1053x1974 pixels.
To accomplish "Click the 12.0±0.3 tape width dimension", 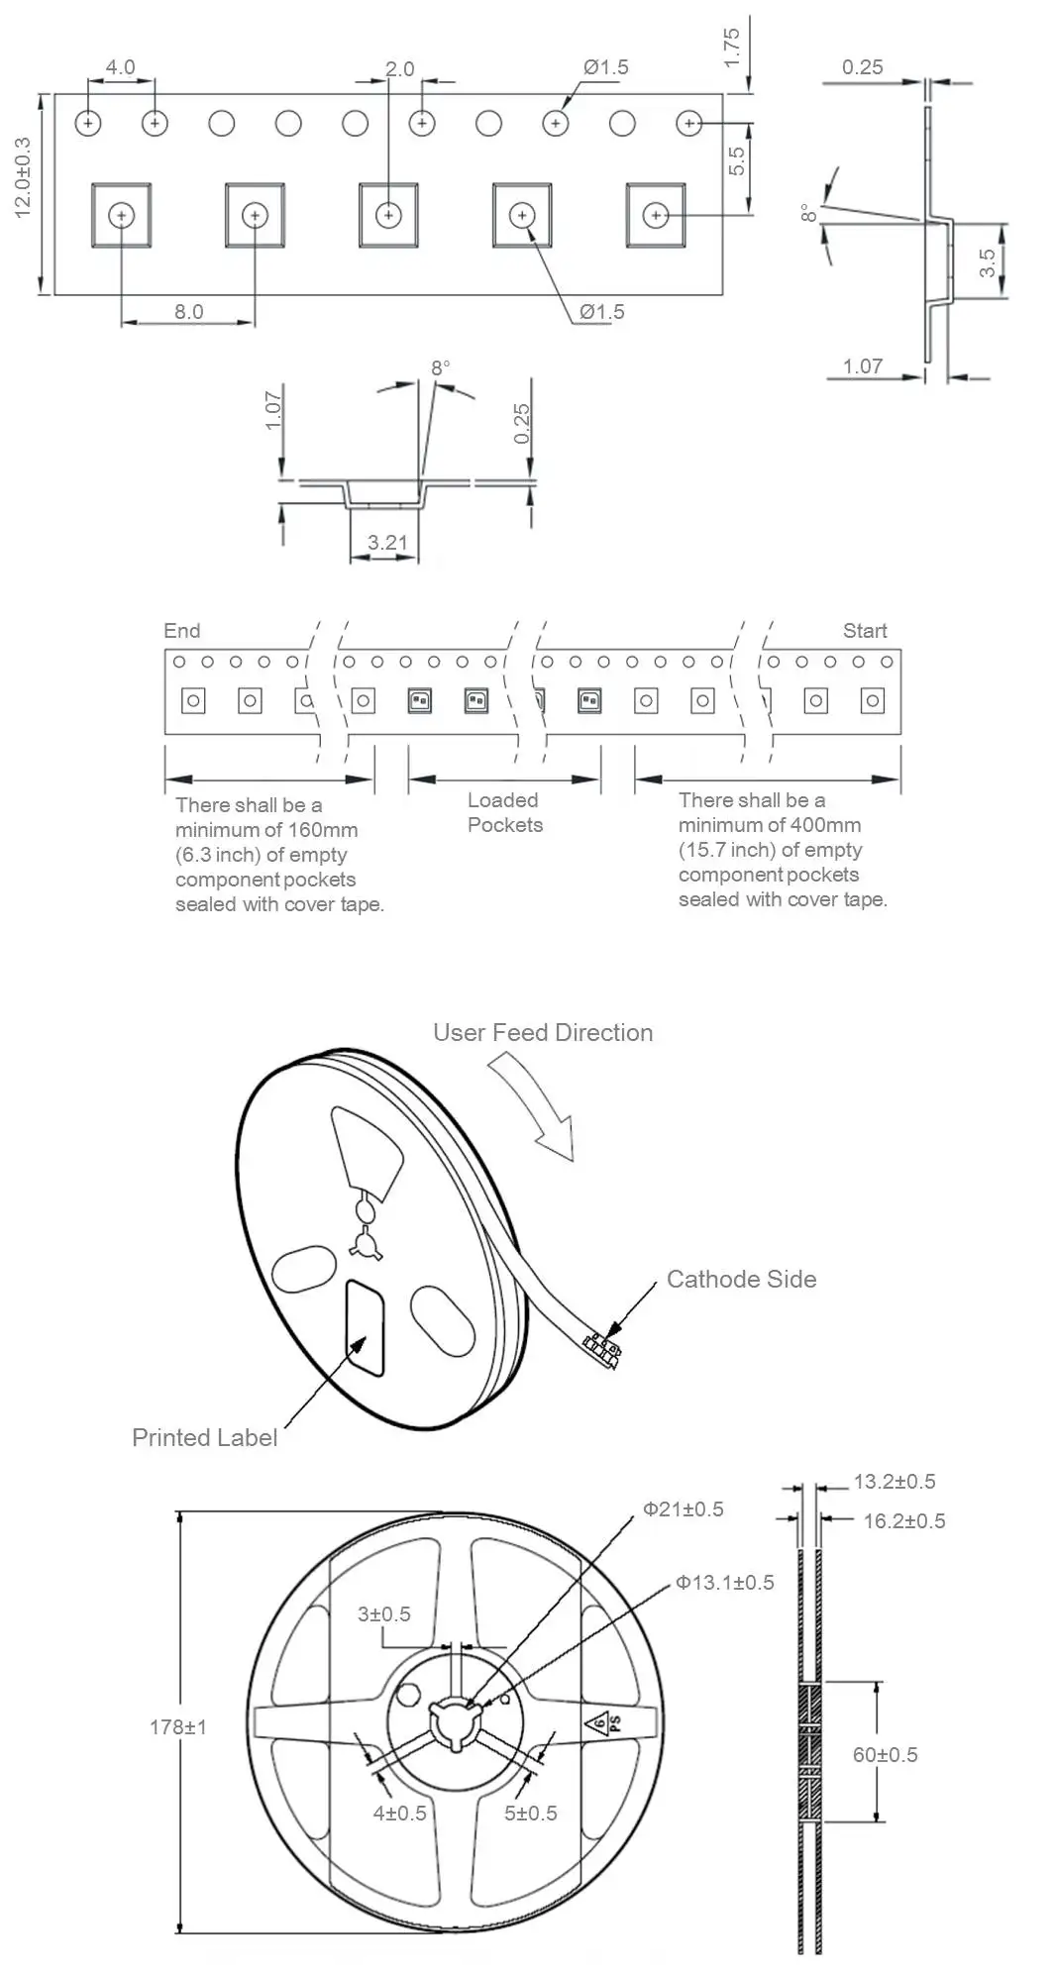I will (23, 177).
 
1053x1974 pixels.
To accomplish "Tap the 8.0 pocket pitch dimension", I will (188, 312).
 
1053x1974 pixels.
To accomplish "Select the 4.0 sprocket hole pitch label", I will (120, 67).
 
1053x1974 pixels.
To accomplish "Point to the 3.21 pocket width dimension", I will (386, 543).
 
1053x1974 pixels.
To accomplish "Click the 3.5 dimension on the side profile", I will (988, 262).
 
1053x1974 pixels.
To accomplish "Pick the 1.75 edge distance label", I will (732, 48).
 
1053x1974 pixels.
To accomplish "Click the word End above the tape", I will (181, 631).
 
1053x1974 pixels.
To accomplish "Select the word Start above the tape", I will (865, 631).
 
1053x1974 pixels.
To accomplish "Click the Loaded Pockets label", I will (504, 812).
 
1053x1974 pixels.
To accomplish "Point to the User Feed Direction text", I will (543, 1032).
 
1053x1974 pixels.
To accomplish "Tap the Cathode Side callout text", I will (741, 1279).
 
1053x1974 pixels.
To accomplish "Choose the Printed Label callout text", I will (204, 1437).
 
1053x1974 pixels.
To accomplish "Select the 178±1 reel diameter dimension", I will (178, 1727).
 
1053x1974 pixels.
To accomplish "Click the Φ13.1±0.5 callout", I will (725, 1583).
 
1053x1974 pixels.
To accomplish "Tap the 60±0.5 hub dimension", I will (885, 1754).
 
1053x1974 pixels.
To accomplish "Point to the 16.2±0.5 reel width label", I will (903, 1520).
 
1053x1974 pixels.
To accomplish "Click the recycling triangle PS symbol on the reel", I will (606, 1725).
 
